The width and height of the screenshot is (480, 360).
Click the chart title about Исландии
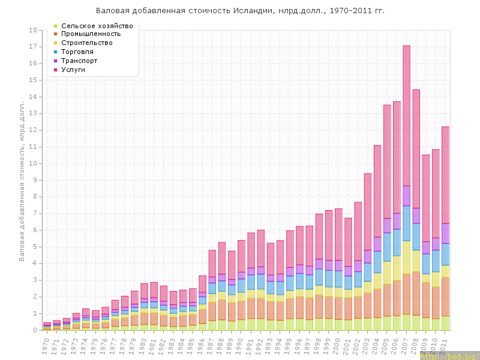pyautogui.click(x=240, y=11)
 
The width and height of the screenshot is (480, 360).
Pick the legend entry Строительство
pyautogui.click(x=87, y=43)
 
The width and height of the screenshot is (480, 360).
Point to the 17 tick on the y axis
pyautogui.click(x=35, y=47)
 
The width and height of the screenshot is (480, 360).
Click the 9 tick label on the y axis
pyautogui.click(x=37, y=180)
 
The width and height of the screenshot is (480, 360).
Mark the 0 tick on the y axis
pyautogui.click(x=37, y=330)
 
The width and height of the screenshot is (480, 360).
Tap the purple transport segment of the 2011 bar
pyautogui.click(x=445, y=233)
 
